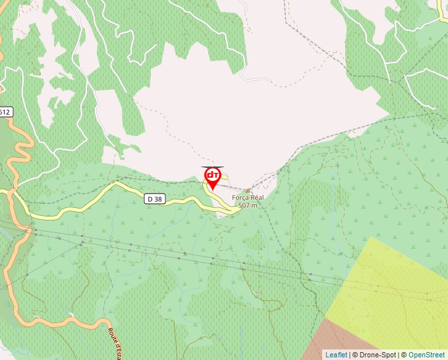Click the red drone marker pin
(x=212, y=178)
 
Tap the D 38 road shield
(x=154, y=198)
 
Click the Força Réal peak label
(x=248, y=197)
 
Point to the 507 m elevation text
(x=248, y=205)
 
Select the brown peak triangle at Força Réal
(x=248, y=191)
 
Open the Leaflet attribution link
(x=336, y=355)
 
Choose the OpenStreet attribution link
(x=426, y=355)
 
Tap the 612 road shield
(x=5, y=112)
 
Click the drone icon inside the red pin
(x=212, y=175)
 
